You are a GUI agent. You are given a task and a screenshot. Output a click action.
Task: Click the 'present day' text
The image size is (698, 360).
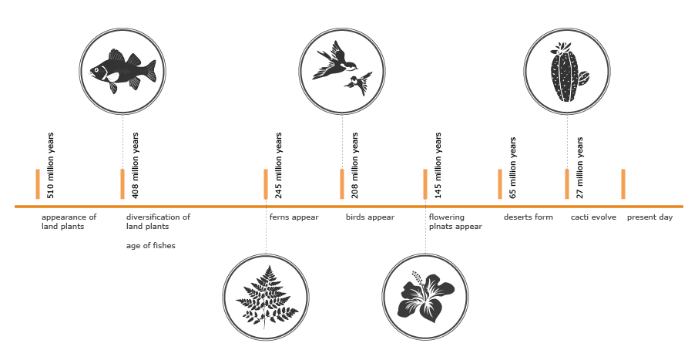649,217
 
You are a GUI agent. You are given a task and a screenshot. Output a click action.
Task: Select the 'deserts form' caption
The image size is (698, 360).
529,217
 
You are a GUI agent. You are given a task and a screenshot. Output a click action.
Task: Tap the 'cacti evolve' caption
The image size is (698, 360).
593,217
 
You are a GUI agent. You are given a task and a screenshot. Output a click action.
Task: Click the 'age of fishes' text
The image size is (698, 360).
151,246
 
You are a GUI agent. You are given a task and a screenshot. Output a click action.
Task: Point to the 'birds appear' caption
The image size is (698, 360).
370,217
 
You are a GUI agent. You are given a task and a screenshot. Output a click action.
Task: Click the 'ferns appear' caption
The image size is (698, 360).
294,217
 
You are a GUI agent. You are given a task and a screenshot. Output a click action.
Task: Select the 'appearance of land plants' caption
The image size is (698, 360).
69,222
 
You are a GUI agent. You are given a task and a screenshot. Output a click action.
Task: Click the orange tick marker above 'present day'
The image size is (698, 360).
623,183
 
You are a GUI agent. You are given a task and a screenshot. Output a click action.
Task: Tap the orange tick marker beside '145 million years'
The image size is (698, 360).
425,183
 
